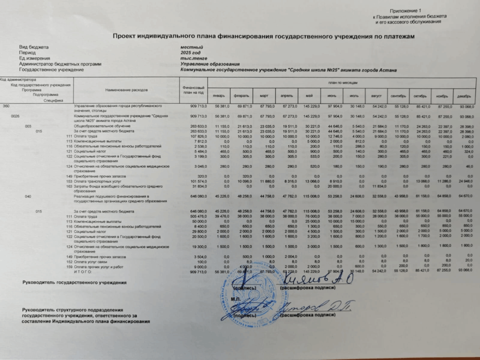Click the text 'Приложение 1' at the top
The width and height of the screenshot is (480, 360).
point(402,10)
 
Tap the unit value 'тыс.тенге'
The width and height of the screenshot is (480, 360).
point(193,59)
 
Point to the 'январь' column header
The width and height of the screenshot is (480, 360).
point(218,96)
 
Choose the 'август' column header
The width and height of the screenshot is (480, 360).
point(377,96)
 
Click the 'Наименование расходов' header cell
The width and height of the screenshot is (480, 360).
point(127,89)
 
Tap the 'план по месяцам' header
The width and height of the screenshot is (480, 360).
point(343,82)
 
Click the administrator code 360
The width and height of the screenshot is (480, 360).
point(6,106)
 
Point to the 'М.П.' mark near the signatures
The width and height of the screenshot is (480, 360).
point(236,298)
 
